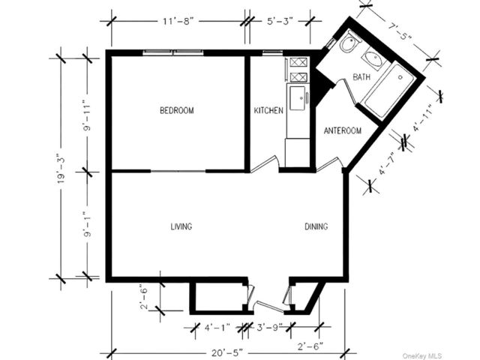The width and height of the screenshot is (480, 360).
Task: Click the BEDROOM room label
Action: point(177,110)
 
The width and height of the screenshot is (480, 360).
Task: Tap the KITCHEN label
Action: point(268,110)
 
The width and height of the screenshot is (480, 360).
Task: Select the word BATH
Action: point(361,76)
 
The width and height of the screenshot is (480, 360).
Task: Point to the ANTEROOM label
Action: point(343,130)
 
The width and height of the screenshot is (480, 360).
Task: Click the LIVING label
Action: point(181,226)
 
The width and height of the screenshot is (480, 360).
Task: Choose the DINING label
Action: point(316,226)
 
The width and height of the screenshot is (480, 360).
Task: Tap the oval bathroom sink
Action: point(373,58)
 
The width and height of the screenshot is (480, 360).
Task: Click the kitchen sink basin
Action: point(298,98)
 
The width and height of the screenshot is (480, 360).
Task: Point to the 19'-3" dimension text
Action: point(62,170)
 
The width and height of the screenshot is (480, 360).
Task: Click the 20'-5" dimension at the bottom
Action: point(227,352)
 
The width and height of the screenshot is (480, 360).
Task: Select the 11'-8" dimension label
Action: point(178,22)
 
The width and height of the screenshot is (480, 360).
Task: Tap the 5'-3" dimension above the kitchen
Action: point(280,22)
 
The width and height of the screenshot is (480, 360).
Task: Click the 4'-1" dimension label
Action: point(217,328)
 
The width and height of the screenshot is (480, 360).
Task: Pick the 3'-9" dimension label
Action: point(269,328)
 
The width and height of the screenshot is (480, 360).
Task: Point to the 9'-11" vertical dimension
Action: point(88,117)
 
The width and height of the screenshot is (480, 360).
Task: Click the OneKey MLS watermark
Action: point(422,355)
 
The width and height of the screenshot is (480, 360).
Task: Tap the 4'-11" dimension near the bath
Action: point(422,118)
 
